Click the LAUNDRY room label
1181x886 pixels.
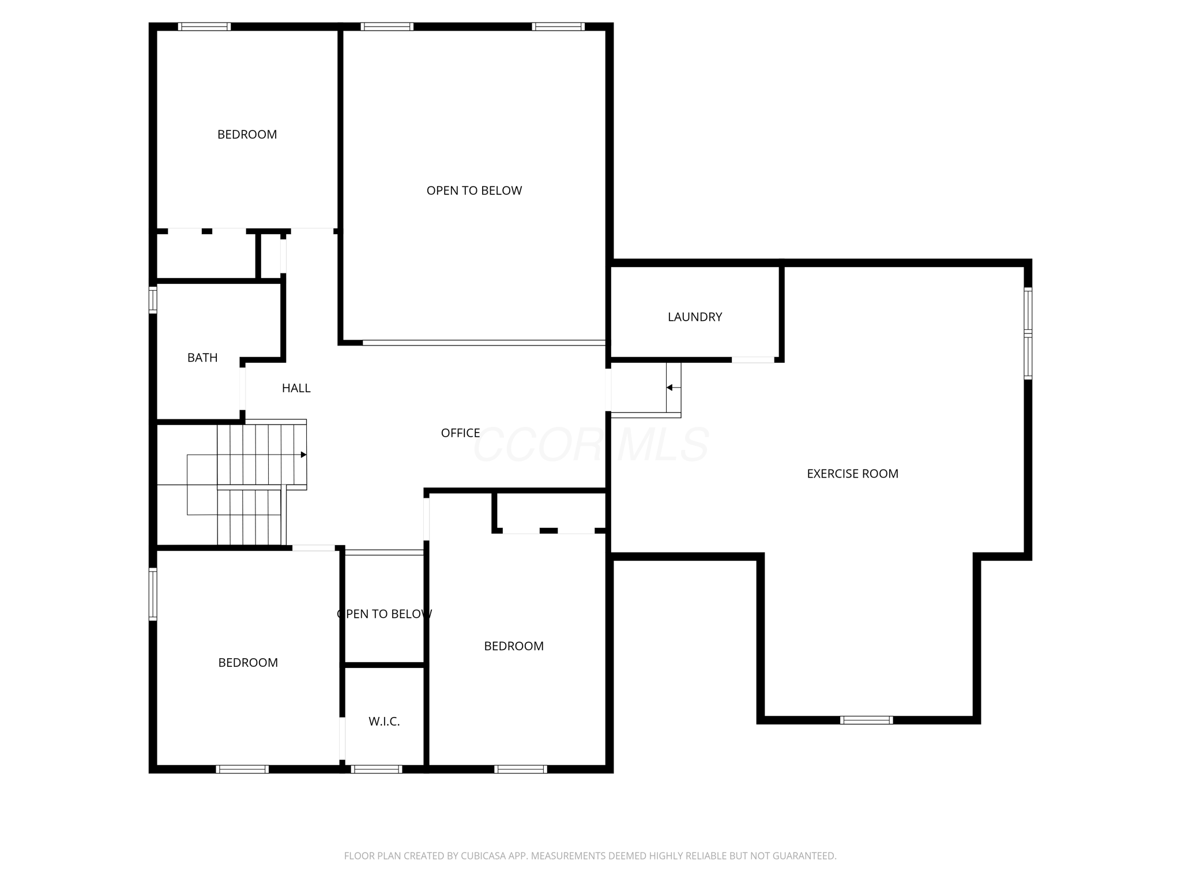pyautogui.click(x=694, y=317)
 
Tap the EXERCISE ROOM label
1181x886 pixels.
pyautogui.click(x=852, y=474)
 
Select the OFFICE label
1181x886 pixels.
pyautogui.click(x=460, y=433)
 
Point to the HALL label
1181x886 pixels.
pyautogui.click(x=296, y=388)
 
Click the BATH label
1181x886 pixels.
pyautogui.click(x=202, y=358)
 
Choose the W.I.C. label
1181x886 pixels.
pyautogui.click(x=384, y=721)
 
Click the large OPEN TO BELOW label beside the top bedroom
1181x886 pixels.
pyautogui.click(x=474, y=190)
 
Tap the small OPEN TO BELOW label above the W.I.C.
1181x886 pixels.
pyautogui.click(x=384, y=614)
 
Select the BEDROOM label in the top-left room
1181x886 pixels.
pyautogui.click(x=247, y=134)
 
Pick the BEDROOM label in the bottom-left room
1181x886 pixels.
pyautogui.click(x=248, y=662)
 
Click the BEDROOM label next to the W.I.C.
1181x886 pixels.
pyautogui.click(x=513, y=646)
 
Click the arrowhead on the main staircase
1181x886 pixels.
pyautogui.click(x=303, y=455)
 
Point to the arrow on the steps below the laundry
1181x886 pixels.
pyautogui.click(x=670, y=388)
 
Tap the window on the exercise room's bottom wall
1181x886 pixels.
pyautogui.click(x=866, y=720)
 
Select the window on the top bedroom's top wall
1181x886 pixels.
pyautogui.click(x=204, y=27)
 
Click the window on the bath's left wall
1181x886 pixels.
pyautogui.click(x=153, y=300)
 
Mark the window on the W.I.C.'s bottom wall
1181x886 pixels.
pyautogui.click(x=376, y=769)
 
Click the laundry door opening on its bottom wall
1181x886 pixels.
pyautogui.click(x=753, y=360)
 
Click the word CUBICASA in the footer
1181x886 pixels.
pyautogui.click(x=483, y=856)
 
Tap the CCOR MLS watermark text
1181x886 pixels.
pyautogui.click(x=591, y=445)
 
